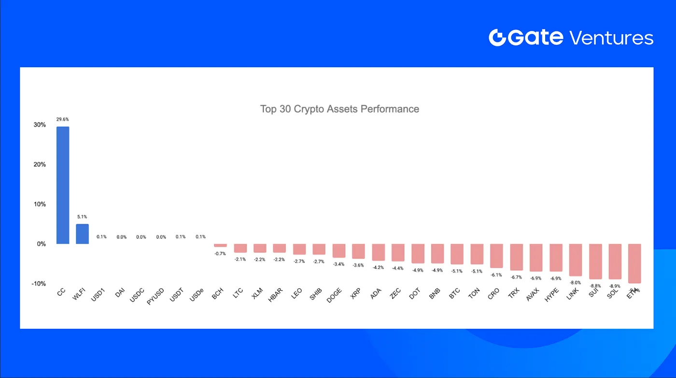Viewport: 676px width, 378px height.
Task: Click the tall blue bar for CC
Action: point(63,185)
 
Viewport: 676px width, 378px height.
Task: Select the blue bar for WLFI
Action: point(82,234)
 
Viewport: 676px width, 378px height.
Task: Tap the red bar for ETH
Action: point(634,263)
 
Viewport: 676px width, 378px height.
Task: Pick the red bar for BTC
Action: point(457,254)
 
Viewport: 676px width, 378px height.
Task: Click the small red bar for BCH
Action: point(220,246)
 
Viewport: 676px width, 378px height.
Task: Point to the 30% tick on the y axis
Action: point(40,125)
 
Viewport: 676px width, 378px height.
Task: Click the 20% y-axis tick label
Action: point(40,164)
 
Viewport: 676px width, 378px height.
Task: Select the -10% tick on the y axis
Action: point(39,283)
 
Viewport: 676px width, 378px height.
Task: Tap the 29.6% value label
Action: point(63,119)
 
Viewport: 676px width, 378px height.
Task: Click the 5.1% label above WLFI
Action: point(82,217)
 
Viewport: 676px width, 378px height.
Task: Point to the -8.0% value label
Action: point(575,283)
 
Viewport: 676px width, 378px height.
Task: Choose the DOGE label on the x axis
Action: point(335,295)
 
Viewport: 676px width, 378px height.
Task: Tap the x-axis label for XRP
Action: point(355,294)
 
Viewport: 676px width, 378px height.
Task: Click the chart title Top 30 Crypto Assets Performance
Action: point(339,109)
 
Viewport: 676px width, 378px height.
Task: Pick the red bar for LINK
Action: point(575,260)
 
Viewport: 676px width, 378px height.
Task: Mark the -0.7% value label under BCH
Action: point(220,253)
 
